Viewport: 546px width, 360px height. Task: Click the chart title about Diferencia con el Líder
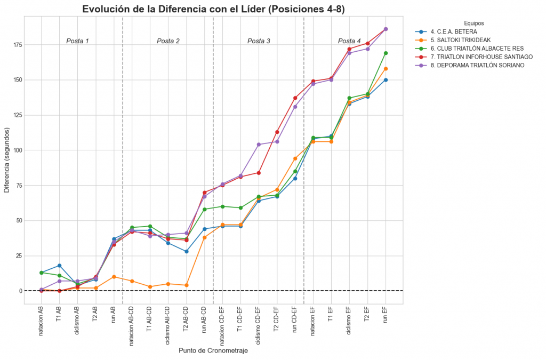(213, 9)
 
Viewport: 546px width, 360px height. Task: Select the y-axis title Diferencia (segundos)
(6, 160)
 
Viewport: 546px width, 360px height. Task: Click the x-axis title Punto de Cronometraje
(213, 351)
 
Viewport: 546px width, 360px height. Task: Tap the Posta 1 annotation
(77, 41)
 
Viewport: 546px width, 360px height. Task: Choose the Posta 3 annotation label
(259, 41)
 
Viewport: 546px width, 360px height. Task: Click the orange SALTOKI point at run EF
(386, 68)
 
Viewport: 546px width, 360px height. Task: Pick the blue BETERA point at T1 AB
(59, 266)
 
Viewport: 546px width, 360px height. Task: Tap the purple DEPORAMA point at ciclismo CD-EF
(259, 145)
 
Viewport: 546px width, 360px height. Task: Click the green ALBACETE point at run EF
(386, 53)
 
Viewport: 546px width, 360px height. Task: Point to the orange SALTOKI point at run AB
(114, 277)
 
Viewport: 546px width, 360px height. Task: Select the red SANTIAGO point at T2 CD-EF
(277, 132)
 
